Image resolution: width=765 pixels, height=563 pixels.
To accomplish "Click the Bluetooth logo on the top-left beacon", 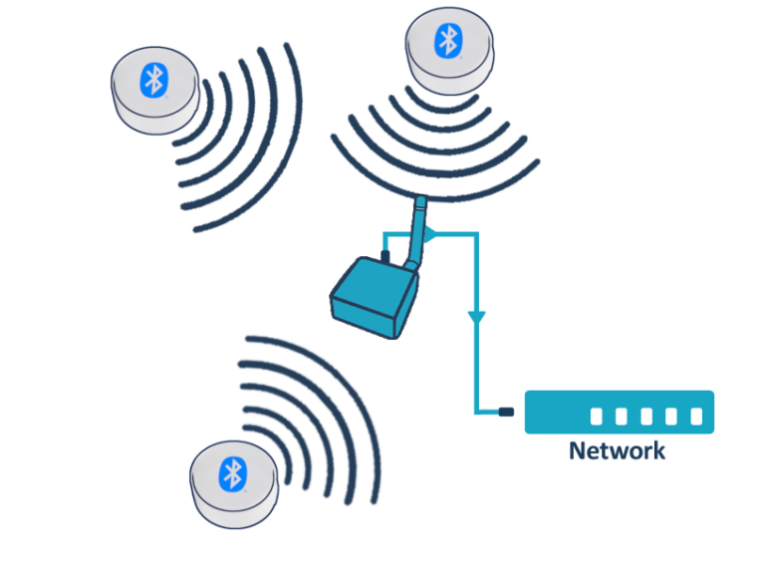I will click(152, 80).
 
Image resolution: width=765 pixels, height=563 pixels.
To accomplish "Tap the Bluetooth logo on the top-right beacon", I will click(448, 41).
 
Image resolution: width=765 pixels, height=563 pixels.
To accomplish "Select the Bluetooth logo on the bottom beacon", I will click(232, 473).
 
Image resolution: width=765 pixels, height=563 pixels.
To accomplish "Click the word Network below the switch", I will click(617, 451).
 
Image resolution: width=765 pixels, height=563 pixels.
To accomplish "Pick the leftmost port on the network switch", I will click(597, 416).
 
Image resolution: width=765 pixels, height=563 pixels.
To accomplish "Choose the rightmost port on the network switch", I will click(696, 416).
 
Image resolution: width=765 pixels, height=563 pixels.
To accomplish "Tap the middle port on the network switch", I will click(646, 416).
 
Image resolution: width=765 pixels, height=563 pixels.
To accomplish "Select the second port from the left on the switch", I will click(622, 416).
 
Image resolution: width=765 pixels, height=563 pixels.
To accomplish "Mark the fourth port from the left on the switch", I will click(671, 416).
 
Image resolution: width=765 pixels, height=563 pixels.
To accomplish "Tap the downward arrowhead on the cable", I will click(476, 317).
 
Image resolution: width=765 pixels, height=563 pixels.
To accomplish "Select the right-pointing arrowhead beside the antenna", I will click(430, 235).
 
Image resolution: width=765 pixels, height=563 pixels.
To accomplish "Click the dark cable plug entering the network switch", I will click(505, 412).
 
